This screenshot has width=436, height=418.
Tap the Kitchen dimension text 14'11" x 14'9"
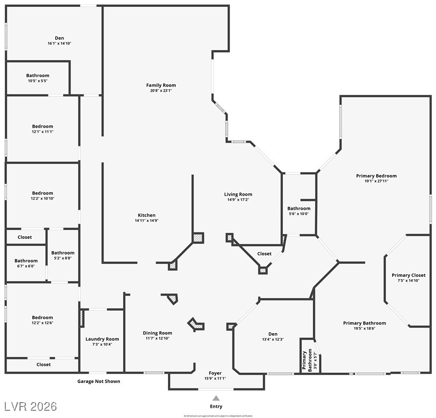pos(146,220)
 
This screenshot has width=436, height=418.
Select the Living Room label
pos(238,195)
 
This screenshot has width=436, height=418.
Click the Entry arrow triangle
pos(216,398)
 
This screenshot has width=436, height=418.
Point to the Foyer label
pos(215,373)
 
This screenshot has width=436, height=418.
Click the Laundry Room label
pos(102,339)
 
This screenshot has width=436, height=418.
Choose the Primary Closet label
pos(408,275)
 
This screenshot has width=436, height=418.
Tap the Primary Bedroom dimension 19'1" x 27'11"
pos(376,181)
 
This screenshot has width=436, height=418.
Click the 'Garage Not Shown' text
pos(99,381)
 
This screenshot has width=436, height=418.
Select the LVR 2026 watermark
pos(30,406)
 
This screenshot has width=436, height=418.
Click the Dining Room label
pos(157,333)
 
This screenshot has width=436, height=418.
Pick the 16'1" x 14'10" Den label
pos(59,39)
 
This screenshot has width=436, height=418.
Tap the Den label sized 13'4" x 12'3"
pos(273,334)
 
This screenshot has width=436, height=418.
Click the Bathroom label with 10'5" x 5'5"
pos(38,76)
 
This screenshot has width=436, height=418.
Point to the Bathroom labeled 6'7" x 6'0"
pos(26,261)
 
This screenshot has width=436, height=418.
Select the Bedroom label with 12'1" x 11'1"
pos(42,126)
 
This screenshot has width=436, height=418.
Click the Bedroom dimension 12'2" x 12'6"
pos(42,323)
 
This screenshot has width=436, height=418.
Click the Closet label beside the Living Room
pos(264,254)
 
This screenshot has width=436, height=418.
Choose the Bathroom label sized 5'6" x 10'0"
pos(299,209)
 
